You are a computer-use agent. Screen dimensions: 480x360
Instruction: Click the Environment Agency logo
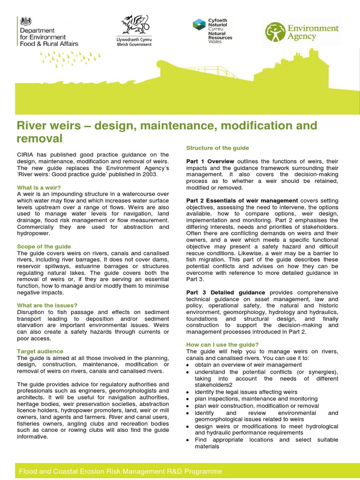[x=302, y=32]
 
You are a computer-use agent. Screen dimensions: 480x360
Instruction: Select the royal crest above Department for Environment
[x=25, y=21]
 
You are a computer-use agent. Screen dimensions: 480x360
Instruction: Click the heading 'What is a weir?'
[x=39, y=187]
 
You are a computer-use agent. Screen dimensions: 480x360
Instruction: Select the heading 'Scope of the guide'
[x=44, y=247]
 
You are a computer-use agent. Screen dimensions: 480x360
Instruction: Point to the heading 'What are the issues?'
[x=47, y=305]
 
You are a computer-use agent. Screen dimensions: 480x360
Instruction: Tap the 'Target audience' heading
[x=40, y=351]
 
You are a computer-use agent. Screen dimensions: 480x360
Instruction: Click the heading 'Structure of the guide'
[x=217, y=148]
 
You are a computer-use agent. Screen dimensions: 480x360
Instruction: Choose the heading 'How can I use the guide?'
[x=222, y=345]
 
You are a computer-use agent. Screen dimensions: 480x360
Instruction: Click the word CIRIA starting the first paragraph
[x=26, y=155]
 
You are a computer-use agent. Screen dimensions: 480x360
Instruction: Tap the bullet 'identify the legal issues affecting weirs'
[x=246, y=392]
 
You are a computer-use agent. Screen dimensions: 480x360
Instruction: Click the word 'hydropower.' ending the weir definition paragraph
[x=33, y=233]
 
